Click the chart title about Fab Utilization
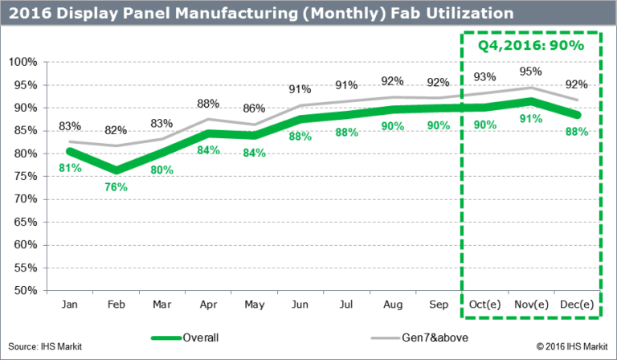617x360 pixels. point(261,13)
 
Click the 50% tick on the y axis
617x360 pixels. point(24,290)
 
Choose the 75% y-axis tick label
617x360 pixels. point(24,176)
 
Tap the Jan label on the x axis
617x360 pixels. point(70,306)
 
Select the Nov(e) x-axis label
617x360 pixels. point(529,306)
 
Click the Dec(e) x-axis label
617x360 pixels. point(576,306)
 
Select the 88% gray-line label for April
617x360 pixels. point(207,103)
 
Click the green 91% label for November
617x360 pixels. point(529,120)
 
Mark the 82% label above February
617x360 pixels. point(116,130)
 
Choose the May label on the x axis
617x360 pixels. point(254,306)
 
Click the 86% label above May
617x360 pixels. point(254,108)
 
